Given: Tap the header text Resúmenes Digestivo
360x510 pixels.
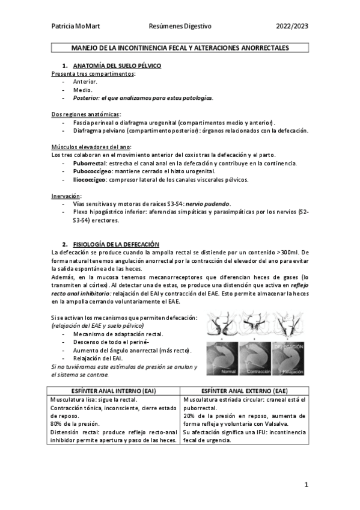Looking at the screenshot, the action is pos(180,26).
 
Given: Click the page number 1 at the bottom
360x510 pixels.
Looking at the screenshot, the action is pos(306,484).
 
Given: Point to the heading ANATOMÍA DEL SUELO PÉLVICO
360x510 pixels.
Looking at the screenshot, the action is pos(117,65).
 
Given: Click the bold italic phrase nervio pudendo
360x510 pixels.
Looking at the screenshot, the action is pos(208,204).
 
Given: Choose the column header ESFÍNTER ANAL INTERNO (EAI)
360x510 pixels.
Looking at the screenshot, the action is pos(114,390).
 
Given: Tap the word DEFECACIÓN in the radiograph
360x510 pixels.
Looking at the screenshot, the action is pos(291,348).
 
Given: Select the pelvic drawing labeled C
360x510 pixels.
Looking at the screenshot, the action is pos(290,325).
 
